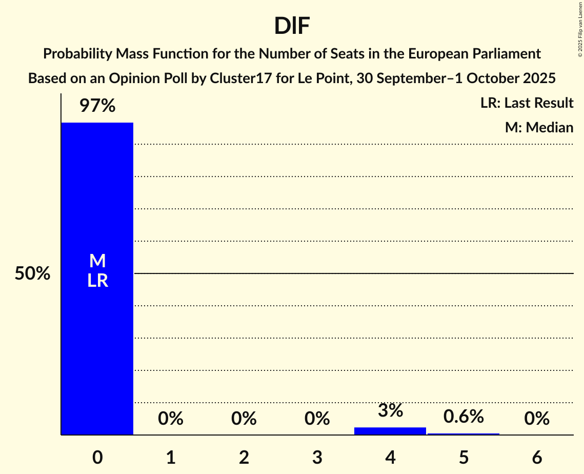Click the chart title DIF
pos(292,26)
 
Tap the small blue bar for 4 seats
pos(390,431)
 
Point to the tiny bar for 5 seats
pos(464,434)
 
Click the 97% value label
pos(97,106)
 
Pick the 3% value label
pos(390,410)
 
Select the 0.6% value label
pos(464,417)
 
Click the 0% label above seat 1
pos(171,419)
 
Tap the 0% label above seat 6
pos(537,419)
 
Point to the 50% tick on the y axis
pos(32,274)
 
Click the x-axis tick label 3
pos(317,457)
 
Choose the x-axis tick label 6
pos(537,457)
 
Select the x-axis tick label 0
pos(97,457)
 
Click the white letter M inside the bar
pos(97,261)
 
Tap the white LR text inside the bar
pos(97,281)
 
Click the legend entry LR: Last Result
pos(527,103)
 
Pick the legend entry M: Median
pos(539,128)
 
